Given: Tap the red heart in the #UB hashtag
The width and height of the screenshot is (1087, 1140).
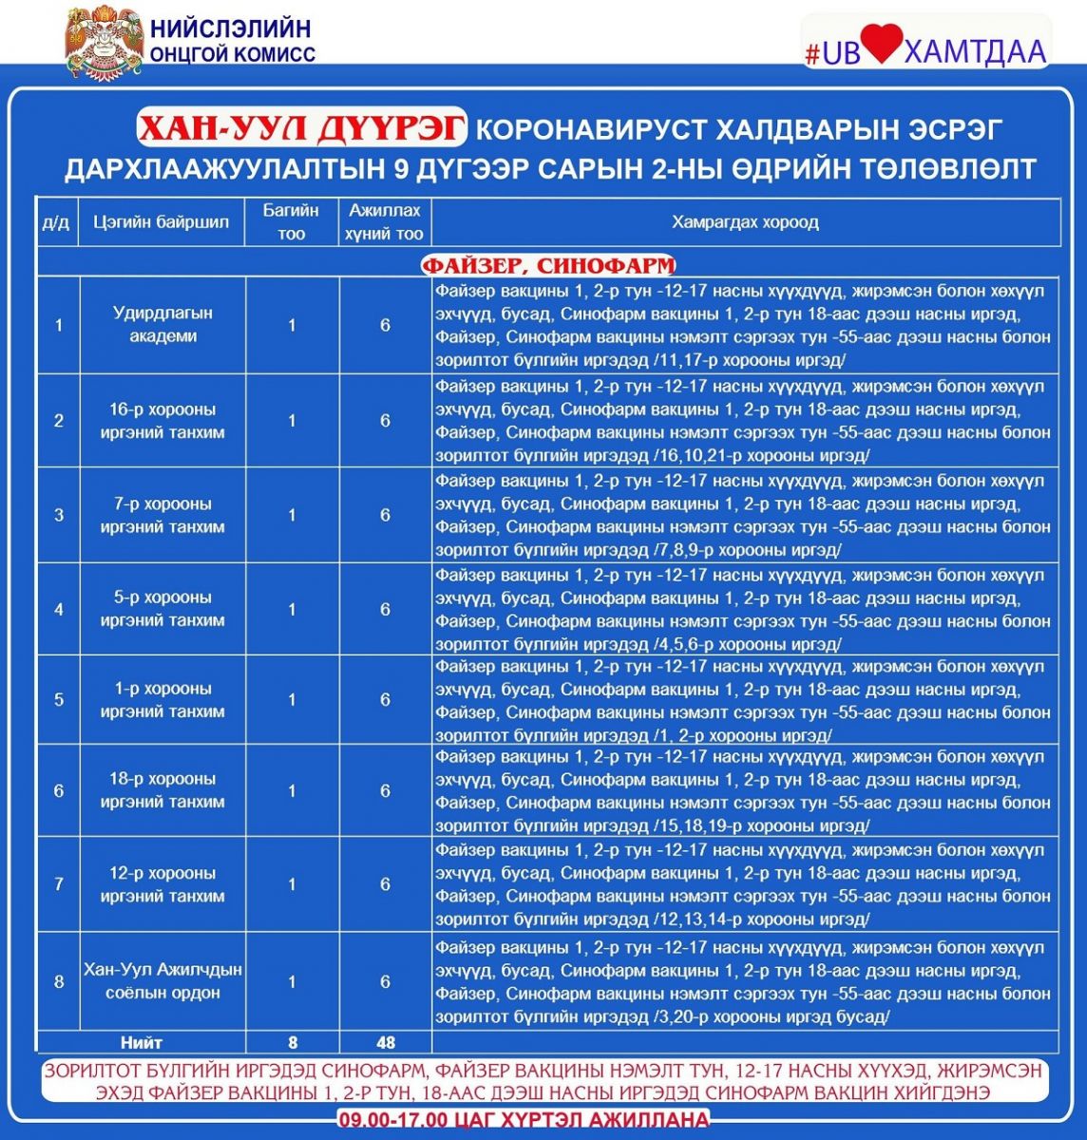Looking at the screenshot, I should click(882, 46).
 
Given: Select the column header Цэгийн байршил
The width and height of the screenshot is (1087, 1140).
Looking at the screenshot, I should click(162, 222).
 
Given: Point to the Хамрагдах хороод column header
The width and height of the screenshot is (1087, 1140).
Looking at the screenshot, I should click(745, 222).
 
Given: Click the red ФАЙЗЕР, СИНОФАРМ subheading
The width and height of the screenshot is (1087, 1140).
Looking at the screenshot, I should click(548, 264).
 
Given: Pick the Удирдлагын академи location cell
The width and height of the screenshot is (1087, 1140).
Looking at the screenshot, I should click(162, 324).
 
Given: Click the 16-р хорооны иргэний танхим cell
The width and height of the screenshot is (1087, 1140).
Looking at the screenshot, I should click(162, 421).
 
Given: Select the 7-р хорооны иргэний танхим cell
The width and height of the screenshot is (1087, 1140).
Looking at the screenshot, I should click(162, 515).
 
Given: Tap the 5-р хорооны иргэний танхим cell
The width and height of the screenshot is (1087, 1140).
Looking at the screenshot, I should click(162, 609).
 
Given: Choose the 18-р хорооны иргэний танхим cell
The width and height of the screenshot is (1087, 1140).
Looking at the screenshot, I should click(162, 789).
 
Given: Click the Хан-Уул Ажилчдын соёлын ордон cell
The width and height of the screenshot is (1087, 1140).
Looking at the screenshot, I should click(162, 981).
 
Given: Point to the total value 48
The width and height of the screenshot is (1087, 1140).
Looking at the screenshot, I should click(385, 1042).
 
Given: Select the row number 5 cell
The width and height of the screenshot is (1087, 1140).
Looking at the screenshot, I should click(59, 700).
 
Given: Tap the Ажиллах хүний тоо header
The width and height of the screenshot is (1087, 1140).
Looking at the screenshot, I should click(385, 222).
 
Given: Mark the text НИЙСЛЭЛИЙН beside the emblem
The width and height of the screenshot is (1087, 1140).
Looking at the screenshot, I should click(230, 28).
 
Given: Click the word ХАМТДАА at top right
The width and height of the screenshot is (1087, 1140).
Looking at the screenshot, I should click(975, 50).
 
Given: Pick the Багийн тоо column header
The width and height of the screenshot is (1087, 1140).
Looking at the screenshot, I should click(292, 222).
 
